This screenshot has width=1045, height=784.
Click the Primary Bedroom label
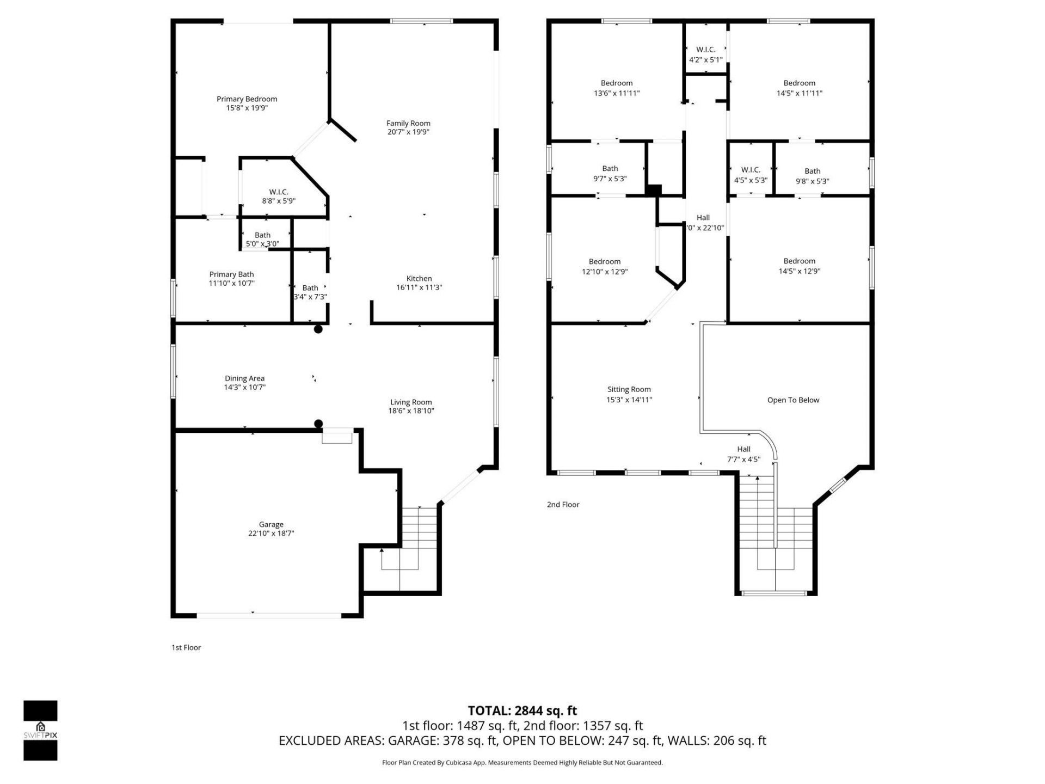(247, 99)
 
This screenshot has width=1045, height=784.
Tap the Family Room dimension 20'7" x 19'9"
(408, 132)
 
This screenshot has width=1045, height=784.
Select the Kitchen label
(419, 279)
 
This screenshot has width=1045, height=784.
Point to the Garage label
(271, 525)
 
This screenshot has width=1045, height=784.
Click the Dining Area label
(244, 378)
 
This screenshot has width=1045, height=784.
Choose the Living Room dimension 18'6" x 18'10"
(411, 411)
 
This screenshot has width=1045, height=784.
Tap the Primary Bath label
(231, 274)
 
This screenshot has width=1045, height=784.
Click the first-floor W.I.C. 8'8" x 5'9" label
(279, 197)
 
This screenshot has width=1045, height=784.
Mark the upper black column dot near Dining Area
(318, 329)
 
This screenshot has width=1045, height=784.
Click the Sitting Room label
(629, 389)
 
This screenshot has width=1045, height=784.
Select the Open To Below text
(793, 400)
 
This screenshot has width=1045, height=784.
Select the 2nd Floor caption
(563, 505)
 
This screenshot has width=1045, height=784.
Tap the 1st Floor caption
(186, 647)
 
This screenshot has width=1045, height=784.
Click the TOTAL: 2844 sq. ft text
(522, 710)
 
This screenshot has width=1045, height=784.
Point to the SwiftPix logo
(40, 730)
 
